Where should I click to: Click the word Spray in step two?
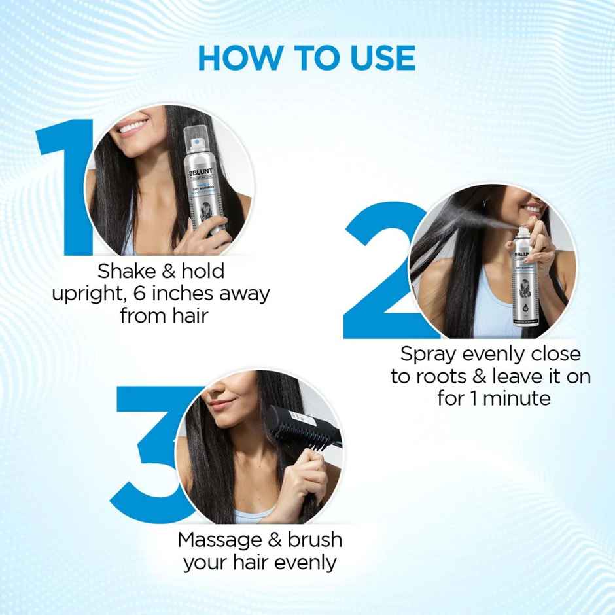[429, 354]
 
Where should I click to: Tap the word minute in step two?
[518, 398]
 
